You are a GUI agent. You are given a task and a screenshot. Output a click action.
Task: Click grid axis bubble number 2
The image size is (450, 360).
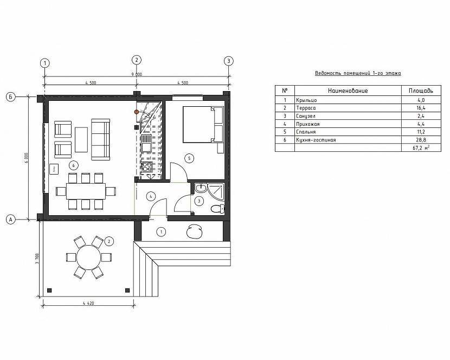click(x=136, y=60)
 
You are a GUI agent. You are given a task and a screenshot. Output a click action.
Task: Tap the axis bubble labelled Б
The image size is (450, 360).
click(x=10, y=97)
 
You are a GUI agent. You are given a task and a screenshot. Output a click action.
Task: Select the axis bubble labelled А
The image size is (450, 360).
click(x=10, y=220)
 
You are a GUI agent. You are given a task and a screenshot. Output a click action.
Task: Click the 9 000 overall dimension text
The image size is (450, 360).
click(x=137, y=74)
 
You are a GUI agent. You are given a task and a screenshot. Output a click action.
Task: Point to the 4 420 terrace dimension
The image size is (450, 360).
click(x=88, y=303)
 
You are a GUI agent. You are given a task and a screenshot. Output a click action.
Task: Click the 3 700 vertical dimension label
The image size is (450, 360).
click(x=36, y=259)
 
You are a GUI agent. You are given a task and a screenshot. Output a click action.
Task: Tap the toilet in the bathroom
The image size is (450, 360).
click(x=218, y=208)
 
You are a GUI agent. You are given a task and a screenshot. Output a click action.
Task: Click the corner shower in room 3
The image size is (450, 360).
click(x=215, y=191)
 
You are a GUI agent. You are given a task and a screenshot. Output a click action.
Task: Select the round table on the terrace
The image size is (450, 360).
click(x=89, y=257)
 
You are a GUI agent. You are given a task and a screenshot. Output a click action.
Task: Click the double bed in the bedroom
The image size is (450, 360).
click(x=203, y=124)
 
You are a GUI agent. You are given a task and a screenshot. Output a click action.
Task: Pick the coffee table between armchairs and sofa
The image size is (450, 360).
click(x=81, y=139)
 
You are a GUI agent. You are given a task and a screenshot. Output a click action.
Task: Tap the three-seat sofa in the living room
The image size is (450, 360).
click(x=100, y=139)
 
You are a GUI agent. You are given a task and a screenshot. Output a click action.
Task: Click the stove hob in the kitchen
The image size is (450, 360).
click(x=147, y=167)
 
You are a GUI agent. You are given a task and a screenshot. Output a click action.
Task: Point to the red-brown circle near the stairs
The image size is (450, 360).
click(x=137, y=111)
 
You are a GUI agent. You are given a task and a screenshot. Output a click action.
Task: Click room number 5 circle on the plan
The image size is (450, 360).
click(x=189, y=158)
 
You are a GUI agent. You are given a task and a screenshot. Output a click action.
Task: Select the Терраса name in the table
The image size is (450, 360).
click(x=306, y=108)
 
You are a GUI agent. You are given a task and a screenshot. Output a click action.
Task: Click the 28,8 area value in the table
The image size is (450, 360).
click(x=421, y=140)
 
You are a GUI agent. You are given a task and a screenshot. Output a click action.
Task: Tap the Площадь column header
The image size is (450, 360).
click(x=421, y=91)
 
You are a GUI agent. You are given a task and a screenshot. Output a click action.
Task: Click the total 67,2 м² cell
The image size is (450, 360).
click(x=421, y=148)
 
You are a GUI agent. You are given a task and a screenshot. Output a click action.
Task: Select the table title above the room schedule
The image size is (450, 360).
click(x=358, y=73)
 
